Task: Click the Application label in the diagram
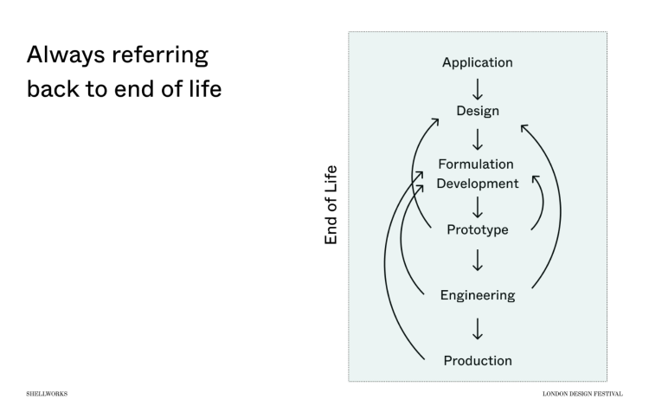[x=478, y=62]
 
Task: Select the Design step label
[x=478, y=111]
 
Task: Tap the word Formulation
[x=476, y=164]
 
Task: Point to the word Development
[x=478, y=184]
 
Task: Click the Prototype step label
[x=478, y=229]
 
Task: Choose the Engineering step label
[x=478, y=295]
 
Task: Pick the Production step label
[x=478, y=360]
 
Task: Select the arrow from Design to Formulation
[x=478, y=138]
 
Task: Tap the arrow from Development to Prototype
[x=478, y=207]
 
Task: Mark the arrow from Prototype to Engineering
[x=478, y=260]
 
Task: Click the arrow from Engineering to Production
[x=478, y=328]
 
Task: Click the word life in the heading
[x=203, y=89]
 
